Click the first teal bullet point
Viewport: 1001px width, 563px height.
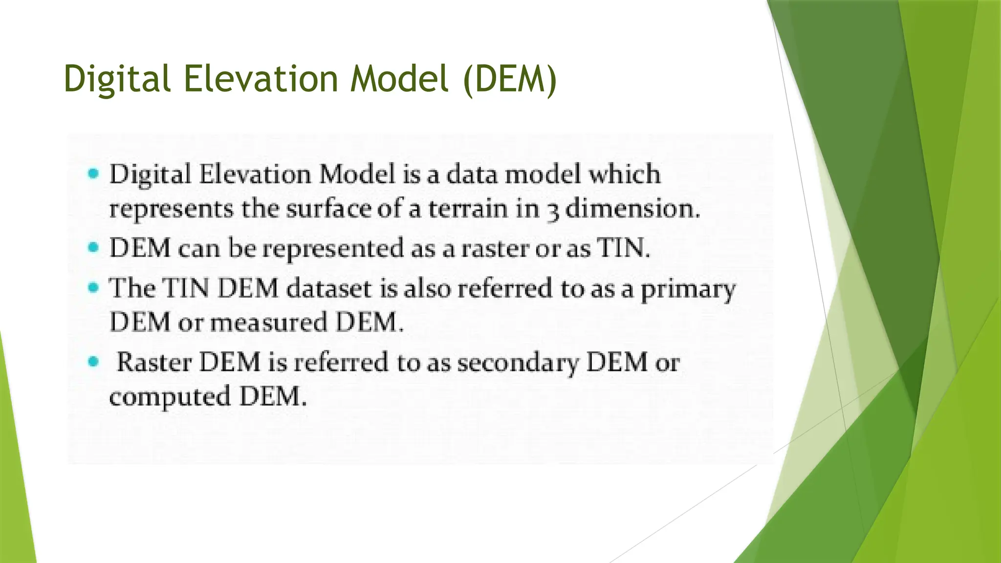tap(93, 173)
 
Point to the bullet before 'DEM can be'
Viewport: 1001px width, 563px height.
tap(93, 248)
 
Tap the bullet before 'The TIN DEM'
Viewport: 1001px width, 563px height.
tap(93, 287)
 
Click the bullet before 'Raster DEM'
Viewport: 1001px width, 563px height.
tap(93, 362)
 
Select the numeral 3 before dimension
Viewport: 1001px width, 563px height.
tap(552, 211)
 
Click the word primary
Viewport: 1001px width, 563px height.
tap(688, 290)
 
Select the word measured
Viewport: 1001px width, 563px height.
tap(268, 323)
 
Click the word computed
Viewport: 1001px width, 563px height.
tap(170, 397)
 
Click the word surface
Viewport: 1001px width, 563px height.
tap(328, 209)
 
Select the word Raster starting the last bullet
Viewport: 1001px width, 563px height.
tap(154, 363)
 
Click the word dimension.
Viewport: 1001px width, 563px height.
tap(632, 209)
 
